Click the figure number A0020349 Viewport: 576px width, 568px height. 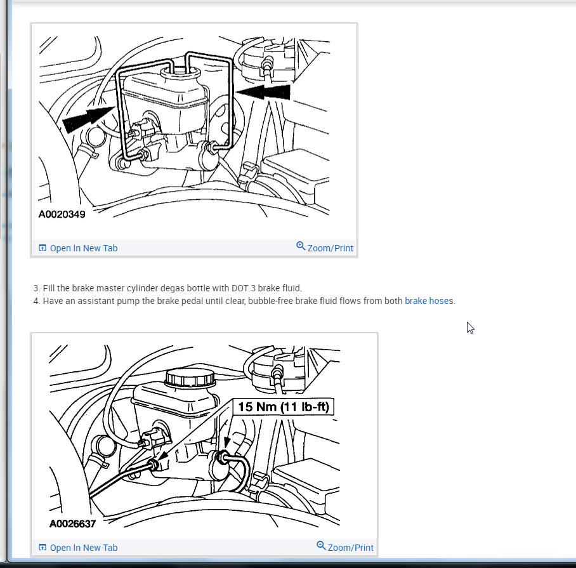point(62,215)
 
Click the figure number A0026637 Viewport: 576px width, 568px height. point(72,524)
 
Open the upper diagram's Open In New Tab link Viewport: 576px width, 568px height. point(83,248)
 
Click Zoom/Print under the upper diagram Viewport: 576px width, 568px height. point(330,248)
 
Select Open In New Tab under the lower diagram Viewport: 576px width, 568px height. point(83,548)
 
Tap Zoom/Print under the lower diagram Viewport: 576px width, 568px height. point(350,548)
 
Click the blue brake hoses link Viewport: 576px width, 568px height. point(429,301)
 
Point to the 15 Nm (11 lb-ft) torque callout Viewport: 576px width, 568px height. point(283,407)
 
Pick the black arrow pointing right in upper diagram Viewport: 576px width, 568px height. point(89,117)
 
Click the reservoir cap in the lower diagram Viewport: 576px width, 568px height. point(190,378)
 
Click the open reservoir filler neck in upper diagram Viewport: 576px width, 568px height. point(180,72)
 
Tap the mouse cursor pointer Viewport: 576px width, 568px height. point(470,327)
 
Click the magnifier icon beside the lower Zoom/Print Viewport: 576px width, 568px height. point(321,545)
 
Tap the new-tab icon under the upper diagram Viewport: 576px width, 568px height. point(43,248)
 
